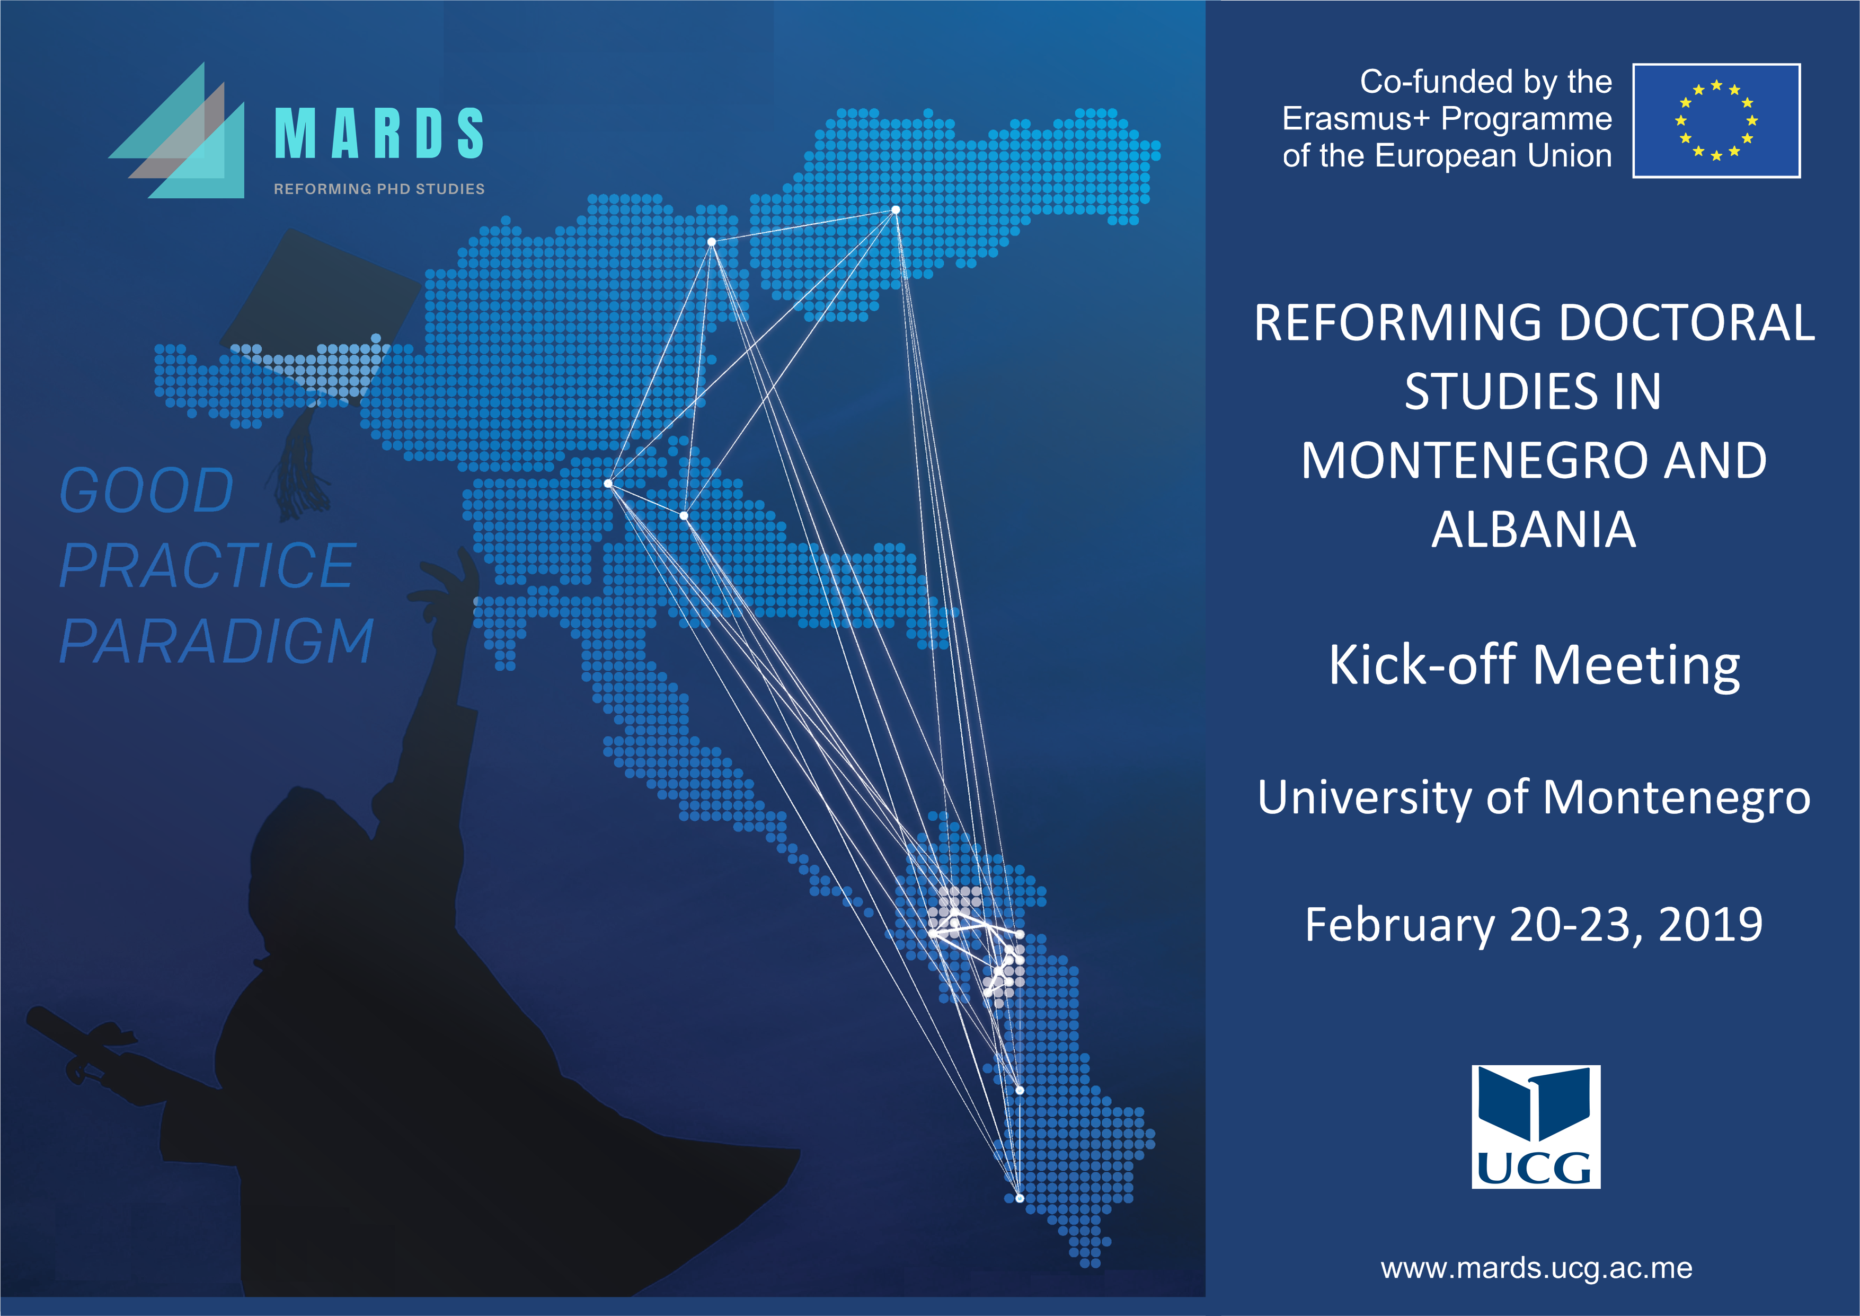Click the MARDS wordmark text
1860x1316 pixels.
[379, 133]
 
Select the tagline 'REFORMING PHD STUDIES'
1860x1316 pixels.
[379, 189]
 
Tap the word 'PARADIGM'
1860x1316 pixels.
[216, 641]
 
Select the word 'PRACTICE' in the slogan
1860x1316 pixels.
[207, 566]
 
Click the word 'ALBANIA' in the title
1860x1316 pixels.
[1534, 530]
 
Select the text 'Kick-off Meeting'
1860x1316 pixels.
[1534, 665]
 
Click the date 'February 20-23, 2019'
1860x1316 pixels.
[1534, 925]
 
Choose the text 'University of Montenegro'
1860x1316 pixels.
[1534, 797]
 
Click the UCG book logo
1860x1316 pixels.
[1536, 1126]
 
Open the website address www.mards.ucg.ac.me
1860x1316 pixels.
[1536, 1268]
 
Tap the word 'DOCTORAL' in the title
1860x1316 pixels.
[1687, 322]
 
